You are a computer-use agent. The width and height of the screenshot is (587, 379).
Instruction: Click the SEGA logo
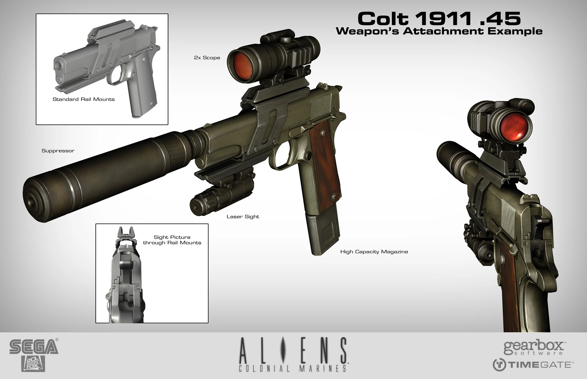click(34, 346)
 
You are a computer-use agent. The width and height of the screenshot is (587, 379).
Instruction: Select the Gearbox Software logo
click(534, 347)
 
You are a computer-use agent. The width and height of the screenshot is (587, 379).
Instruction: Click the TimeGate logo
click(533, 365)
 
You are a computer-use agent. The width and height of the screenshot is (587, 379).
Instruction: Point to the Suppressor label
click(58, 151)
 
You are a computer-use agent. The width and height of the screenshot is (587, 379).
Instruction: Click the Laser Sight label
click(243, 217)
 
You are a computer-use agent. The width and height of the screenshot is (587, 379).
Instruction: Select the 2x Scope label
click(207, 58)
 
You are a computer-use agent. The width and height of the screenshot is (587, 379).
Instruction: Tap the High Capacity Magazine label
click(374, 252)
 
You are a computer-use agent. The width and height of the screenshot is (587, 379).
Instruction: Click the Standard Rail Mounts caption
click(84, 100)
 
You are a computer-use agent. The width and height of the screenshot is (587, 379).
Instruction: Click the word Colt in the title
click(383, 19)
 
